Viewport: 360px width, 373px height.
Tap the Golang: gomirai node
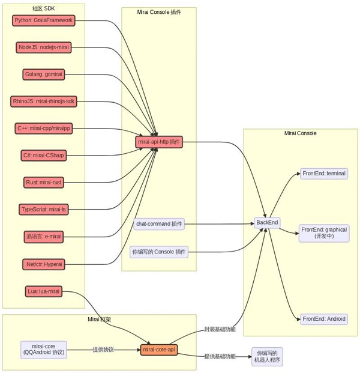44,74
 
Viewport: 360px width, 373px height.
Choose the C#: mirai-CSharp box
44,156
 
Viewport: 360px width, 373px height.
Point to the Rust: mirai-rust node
44,182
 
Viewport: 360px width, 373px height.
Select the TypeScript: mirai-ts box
44,209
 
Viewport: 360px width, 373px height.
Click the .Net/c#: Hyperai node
44,264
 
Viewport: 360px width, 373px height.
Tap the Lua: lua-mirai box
44,291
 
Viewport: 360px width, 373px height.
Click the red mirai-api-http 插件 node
159,142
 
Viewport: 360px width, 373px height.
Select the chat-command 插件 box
159,224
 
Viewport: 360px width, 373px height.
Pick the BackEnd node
267,223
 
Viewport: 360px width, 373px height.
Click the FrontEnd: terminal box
324,174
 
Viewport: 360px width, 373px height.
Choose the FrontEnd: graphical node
324,233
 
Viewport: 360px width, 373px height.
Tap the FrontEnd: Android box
324,319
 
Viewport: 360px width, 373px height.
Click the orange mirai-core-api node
159,349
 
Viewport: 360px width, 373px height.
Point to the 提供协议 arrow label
103,349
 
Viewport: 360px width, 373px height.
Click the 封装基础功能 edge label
220,330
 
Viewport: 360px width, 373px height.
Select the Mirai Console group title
300,133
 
